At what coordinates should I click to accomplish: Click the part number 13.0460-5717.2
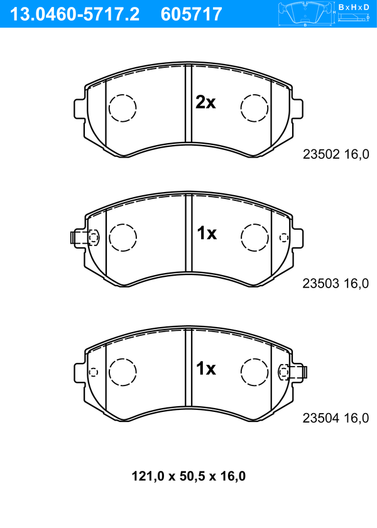pos(75,14)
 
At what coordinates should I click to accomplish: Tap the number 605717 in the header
pos(192,14)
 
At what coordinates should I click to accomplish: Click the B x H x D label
pos(354,7)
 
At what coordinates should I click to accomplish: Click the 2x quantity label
pos(205,102)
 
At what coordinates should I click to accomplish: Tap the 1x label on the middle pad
pos(207,233)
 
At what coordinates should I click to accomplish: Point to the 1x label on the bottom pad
pos(206,369)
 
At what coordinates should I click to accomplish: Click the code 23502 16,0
pos(336,154)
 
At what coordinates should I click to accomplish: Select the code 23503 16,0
pos(336,284)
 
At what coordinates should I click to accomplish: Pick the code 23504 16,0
pos(336,418)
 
